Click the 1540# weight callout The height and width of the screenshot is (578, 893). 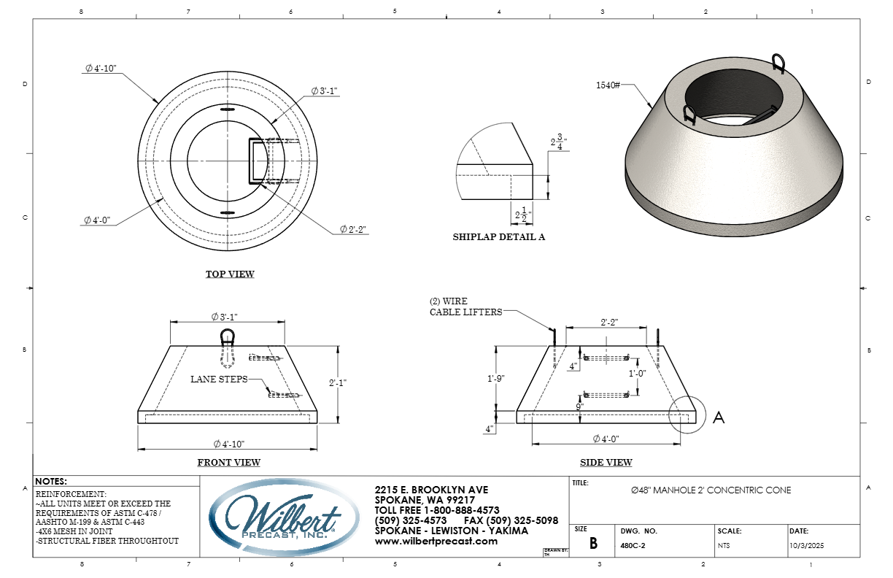608,85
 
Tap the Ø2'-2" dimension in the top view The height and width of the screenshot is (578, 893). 353,229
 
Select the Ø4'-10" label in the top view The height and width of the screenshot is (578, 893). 101,68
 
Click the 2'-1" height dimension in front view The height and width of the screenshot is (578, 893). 338,382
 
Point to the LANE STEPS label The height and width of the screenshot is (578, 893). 219,379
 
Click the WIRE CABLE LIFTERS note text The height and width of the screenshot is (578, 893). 465,307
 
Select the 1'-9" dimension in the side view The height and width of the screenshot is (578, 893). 495,378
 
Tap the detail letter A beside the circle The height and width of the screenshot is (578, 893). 718,417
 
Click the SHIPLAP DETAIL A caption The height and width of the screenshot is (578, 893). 499,237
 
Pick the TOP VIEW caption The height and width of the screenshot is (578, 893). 230,274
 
